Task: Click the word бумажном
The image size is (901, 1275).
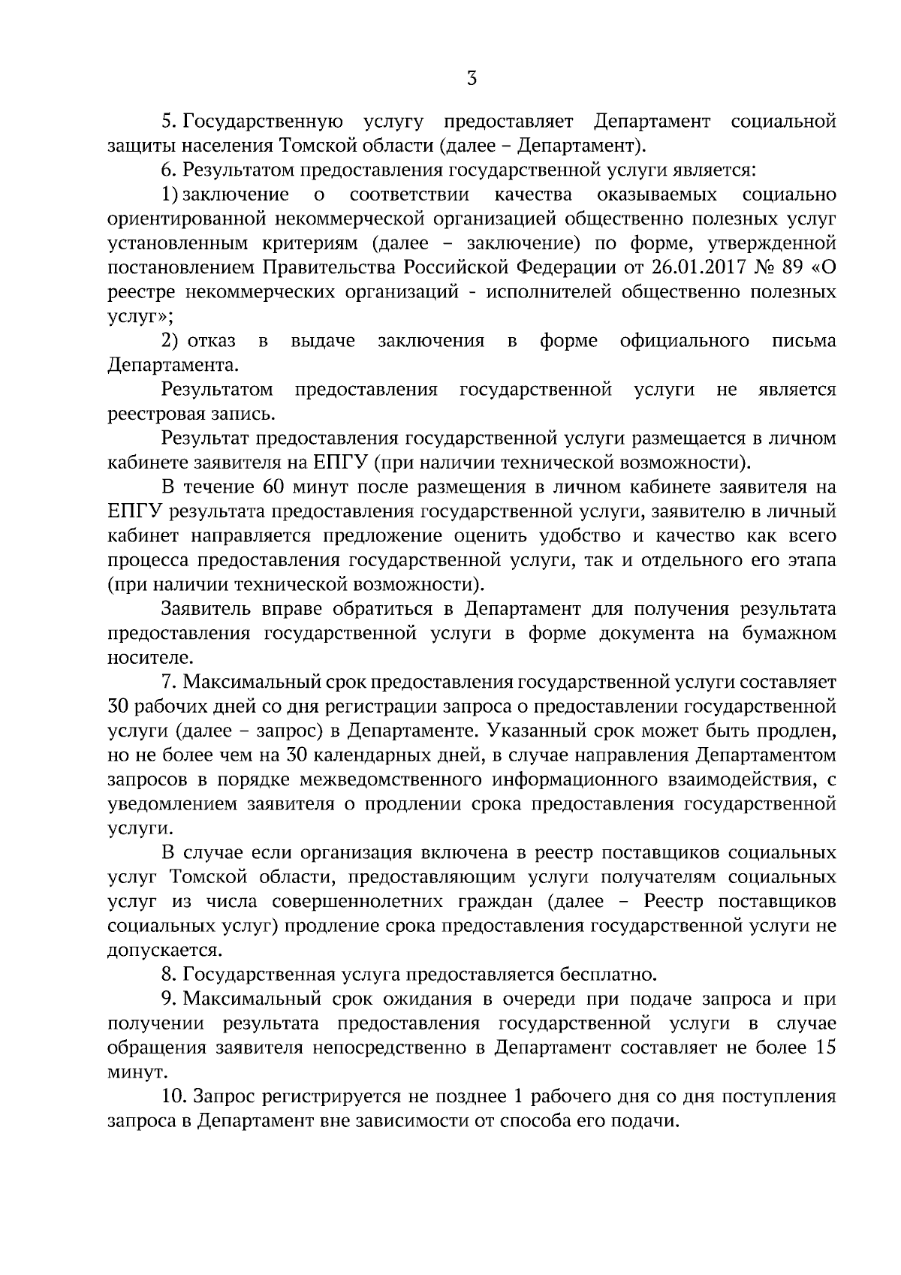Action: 789,633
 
